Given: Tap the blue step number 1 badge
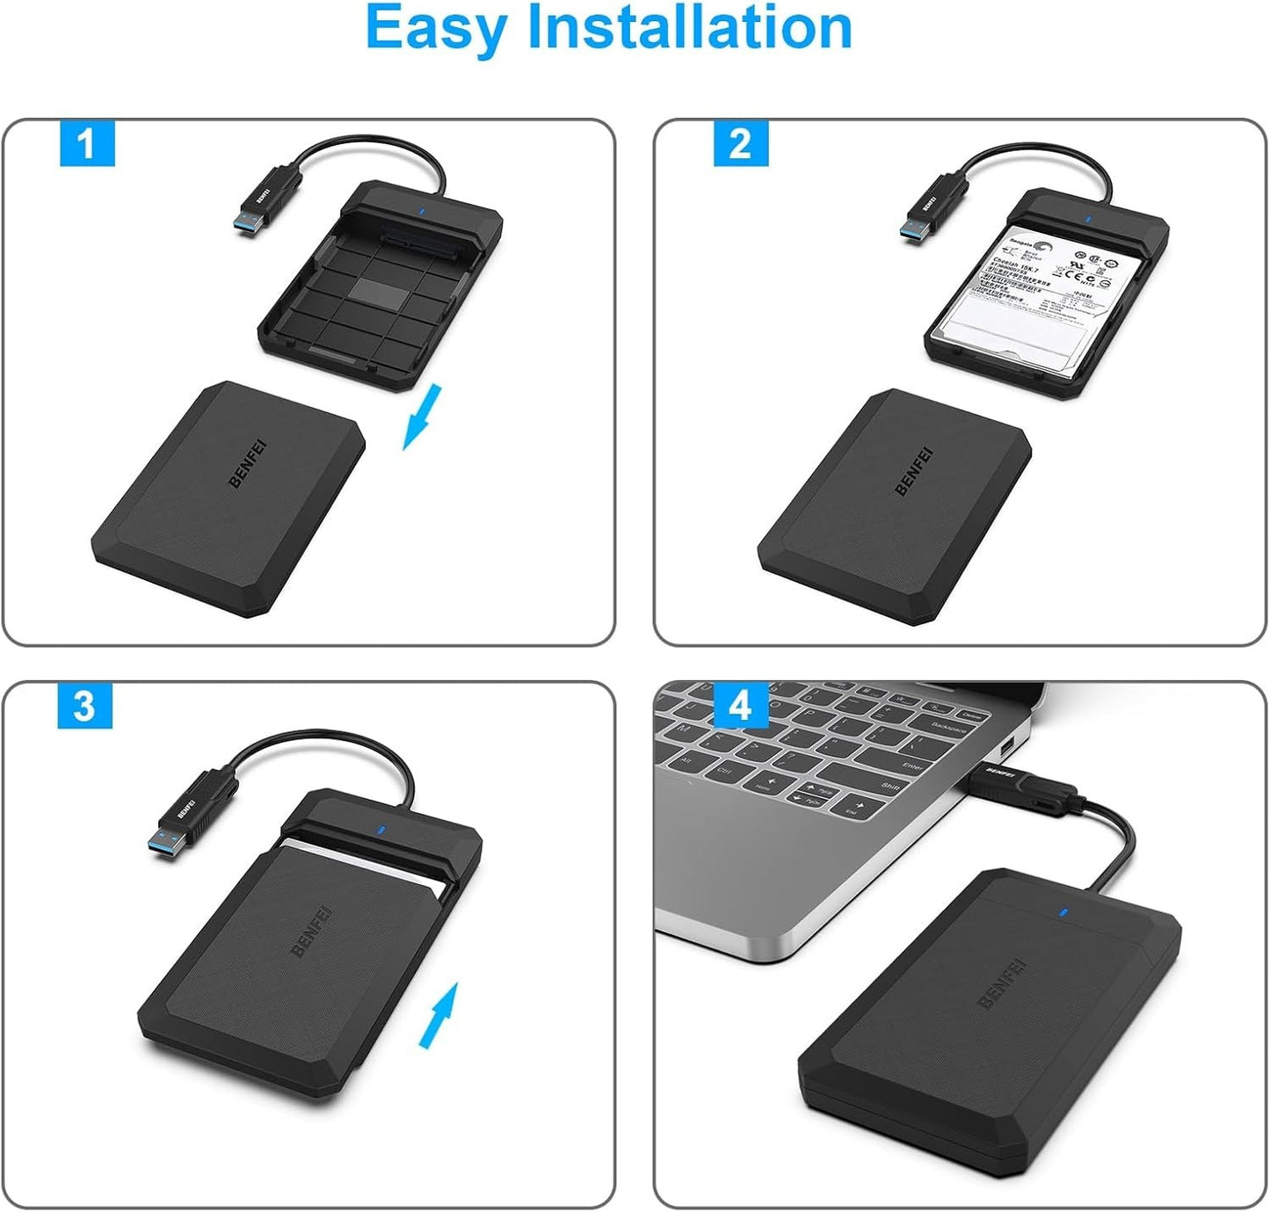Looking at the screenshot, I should (87, 143).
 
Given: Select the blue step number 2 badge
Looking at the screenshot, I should (740, 143).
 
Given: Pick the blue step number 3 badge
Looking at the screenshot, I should (84, 706).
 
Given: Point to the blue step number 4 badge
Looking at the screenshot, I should (741, 705).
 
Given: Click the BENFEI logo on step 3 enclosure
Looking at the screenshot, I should (311, 932).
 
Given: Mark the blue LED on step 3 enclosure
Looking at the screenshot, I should (380, 828).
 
